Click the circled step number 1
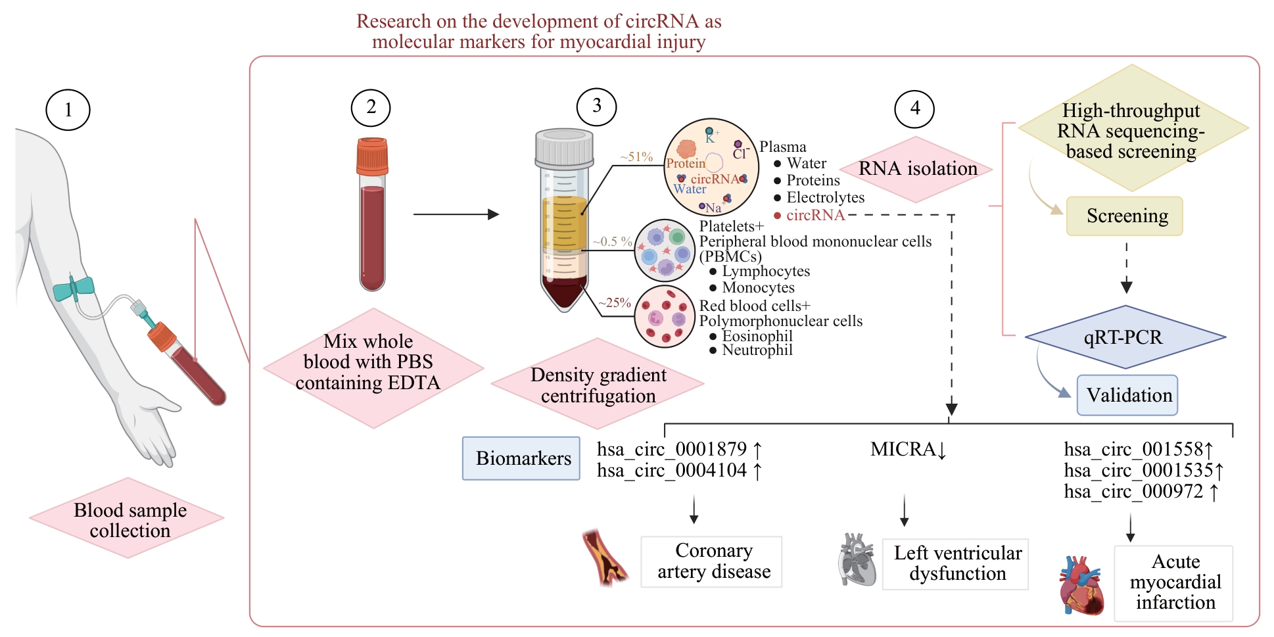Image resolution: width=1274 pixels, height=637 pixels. tap(68, 110)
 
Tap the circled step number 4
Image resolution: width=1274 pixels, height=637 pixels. tap(914, 108)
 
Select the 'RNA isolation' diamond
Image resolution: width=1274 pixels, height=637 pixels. tap(918, 169)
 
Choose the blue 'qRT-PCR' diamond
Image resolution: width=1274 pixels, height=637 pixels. tap(1124, 337)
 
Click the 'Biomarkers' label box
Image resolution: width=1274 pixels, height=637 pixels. tap(521, 458)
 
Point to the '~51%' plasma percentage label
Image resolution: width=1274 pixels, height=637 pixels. tap(636, 157)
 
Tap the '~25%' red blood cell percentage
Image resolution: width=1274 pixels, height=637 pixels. tap(614, 303)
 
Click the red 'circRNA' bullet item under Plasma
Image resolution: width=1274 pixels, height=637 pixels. tap(814, 215)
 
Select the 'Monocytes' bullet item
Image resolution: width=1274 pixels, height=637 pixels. tap(758, 287)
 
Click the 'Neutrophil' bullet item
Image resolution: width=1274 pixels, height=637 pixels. tap(757, 350)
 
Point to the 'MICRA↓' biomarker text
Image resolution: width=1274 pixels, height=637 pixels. tap(908, 450)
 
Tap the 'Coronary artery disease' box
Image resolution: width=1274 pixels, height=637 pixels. tap(711, 561)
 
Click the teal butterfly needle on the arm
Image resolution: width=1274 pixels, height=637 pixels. tap(74, 288)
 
